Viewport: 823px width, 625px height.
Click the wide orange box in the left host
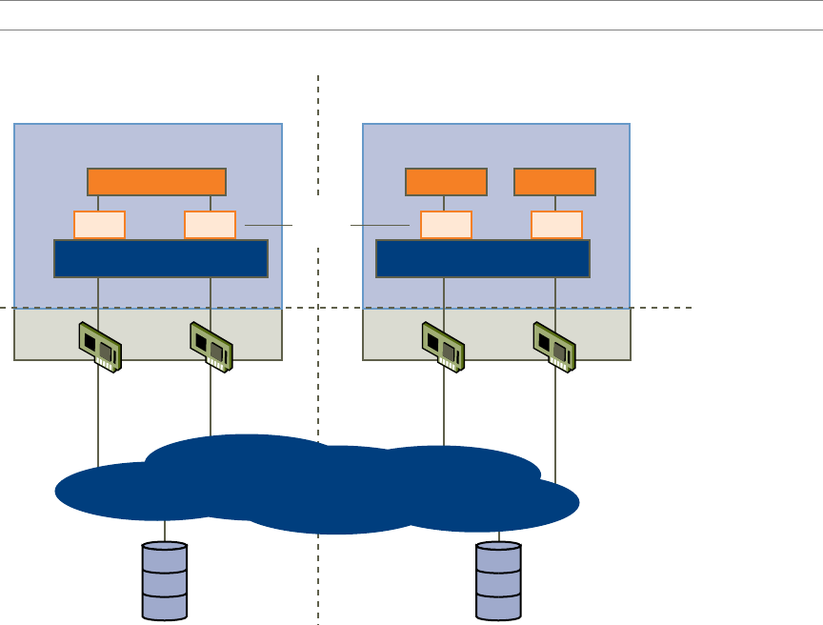(156, 181)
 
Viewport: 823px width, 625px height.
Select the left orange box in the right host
(446, 181)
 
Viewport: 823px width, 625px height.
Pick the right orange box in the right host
(554, 181)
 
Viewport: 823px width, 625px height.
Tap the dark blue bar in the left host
(161, 258)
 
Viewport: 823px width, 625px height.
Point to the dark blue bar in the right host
(483, 258)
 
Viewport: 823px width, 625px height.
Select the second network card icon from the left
(212, 346)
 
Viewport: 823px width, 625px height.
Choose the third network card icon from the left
(444, 346)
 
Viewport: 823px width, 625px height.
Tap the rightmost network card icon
(554, 346)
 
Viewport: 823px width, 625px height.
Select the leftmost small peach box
(99, 224)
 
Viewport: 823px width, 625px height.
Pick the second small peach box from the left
(210, 224)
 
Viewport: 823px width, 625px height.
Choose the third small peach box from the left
(446, 224)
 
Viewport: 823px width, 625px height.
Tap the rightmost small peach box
(556, 224)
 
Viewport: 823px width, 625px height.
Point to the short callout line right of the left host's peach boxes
(269, 225)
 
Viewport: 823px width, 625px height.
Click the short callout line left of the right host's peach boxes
(380, 225)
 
